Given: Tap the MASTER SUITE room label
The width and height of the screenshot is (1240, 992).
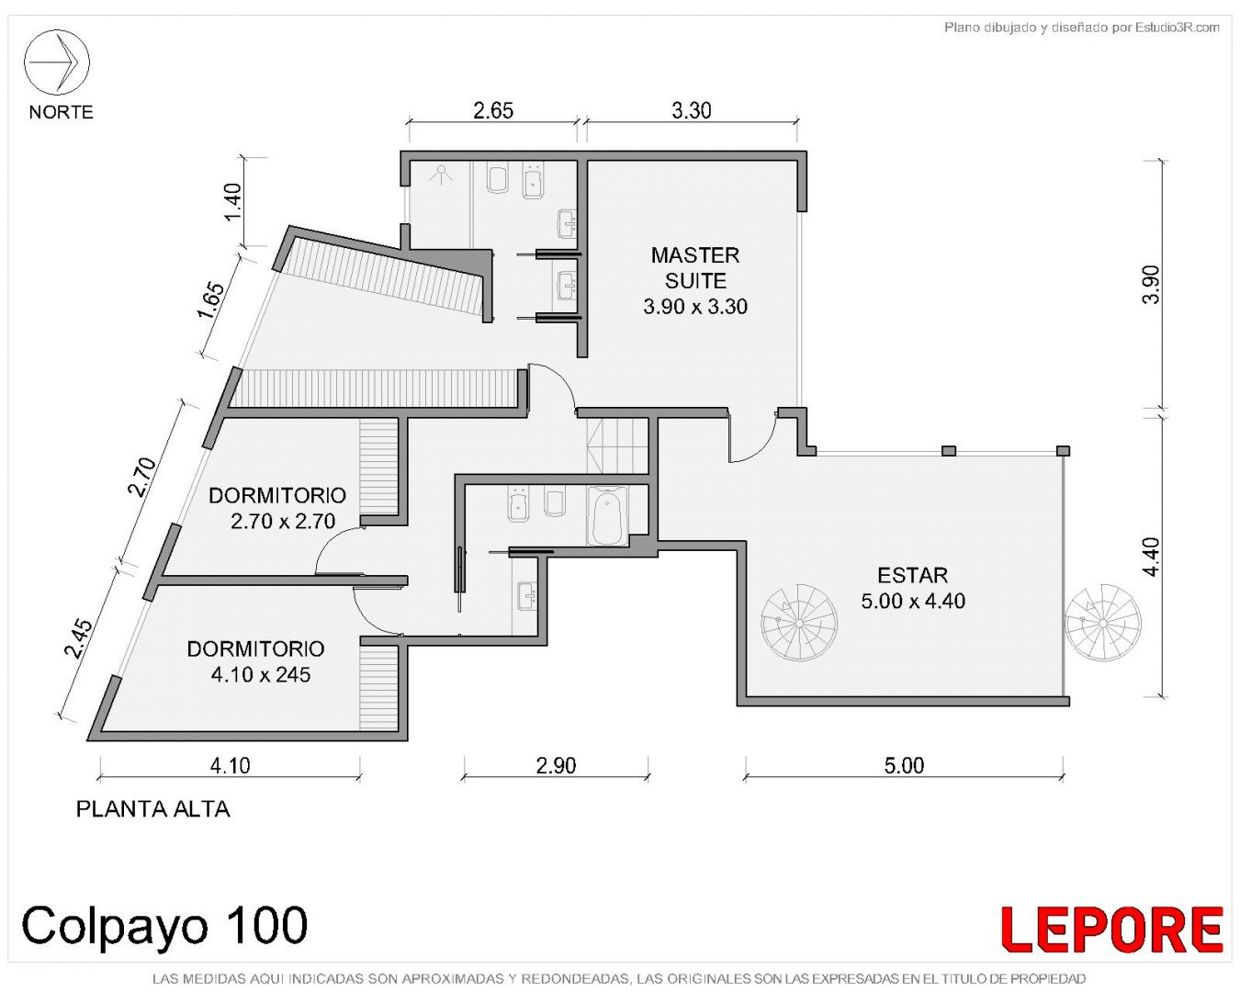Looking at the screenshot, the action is (x=695, y=268).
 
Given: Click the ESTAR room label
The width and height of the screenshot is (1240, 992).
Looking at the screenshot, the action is (x=912, y=575).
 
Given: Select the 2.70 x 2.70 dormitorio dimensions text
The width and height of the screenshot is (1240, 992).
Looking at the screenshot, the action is (x=283, y=522).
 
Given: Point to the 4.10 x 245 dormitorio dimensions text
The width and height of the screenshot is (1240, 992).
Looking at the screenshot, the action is (x=261, y=674).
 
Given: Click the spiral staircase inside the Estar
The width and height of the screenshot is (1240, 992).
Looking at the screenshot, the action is (x=798, y=624).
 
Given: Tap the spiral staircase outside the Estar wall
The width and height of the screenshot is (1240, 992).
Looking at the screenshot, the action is (x=1102, y=623).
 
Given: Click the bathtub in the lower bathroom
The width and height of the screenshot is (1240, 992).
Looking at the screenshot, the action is (x=607, y=515).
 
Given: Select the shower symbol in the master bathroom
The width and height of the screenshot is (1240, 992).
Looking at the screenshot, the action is (x=443, y=174).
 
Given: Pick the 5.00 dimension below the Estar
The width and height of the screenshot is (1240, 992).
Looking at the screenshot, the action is (x=904, y=765).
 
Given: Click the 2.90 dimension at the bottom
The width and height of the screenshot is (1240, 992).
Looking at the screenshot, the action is (x=556, y=765).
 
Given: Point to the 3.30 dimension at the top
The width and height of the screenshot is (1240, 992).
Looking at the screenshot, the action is (x=692, y=110).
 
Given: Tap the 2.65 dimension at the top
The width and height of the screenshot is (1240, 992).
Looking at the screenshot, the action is (x=493, y=110).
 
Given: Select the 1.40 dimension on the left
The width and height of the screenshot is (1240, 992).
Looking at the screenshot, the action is (x=233, y=201).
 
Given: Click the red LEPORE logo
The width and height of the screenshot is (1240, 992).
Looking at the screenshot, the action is (x=1111, y=930).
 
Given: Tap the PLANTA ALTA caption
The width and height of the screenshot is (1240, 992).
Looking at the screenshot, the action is (x=153, y=810).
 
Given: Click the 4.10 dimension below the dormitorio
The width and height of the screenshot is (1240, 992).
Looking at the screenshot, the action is (x=230, y=765).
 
